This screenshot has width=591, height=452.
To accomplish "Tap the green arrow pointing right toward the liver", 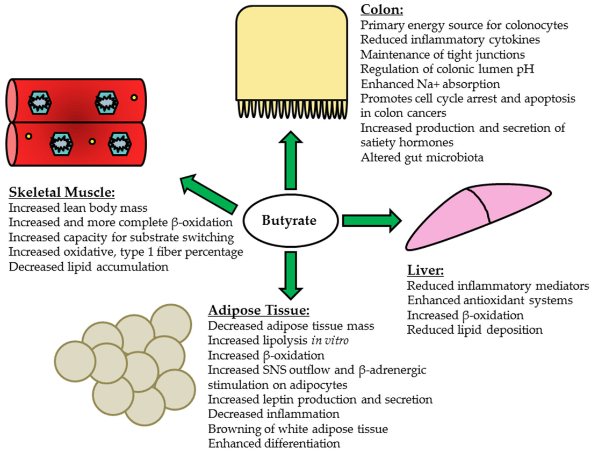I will coord(371,220).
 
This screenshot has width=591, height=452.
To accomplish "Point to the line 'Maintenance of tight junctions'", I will coord(443,54).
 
